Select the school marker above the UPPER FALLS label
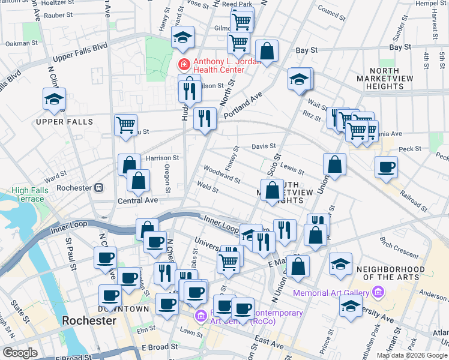(x=55, y=100)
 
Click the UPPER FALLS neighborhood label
(x=64, y=122)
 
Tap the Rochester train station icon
(x=98, y=188)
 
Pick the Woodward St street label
(x=221, y=175)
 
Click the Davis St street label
(x=263, y=146)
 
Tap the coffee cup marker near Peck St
(x=386, y=167)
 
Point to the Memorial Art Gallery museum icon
(x=378, y=292)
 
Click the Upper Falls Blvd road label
(x=80, y=52)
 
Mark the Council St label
(x=329, y=10)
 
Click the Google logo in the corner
(x=20, y=353)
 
